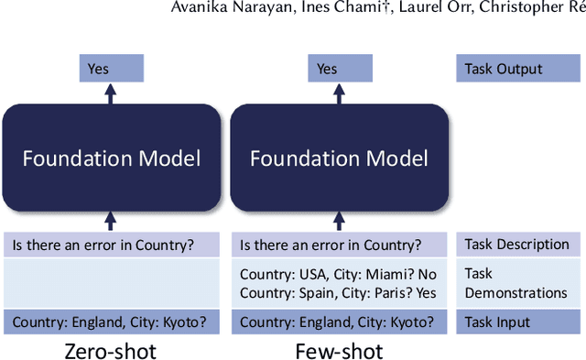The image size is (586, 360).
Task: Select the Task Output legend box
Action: (x=516, y=68)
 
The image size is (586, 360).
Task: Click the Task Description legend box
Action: (x=516, y=245)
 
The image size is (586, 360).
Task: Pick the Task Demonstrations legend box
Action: (x=516, y=283)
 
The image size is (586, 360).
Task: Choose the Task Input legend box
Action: (x=516, y=322)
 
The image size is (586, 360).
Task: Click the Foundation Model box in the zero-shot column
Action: (x=112, y=158)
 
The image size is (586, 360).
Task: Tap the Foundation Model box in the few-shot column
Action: (x=339, y=158)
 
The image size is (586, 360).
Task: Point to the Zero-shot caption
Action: (x=110, y=351)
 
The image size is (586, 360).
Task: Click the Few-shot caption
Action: (x=339, y=351)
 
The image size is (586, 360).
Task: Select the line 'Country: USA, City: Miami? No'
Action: (x=338, y=274)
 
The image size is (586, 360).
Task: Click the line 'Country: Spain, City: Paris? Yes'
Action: (x=338, y=293)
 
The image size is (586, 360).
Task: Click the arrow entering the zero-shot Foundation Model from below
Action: (x=111, y=221)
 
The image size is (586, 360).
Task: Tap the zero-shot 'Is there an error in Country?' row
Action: (x=112, y=245)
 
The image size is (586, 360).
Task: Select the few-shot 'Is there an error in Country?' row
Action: (x=339, y=245)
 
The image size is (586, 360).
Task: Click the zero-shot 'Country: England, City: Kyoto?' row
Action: (x=112, y=322)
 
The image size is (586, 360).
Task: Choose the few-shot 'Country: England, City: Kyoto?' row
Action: (x=339, y=322)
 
